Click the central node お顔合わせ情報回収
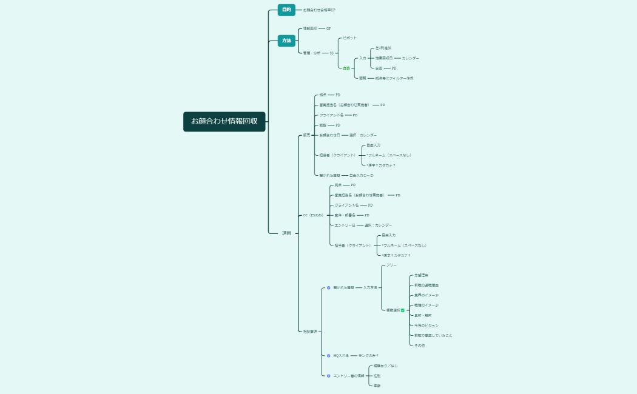[224, 121]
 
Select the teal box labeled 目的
[286, 10]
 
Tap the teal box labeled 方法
[286, 41]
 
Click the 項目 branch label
[286, 233]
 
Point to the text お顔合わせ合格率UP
[319, 10]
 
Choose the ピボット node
[350, 38]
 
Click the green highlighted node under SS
[346, 68]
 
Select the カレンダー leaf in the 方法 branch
[410, 58]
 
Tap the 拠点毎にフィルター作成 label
[394, 78]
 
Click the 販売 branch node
[306, 135]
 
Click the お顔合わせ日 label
[329, 135]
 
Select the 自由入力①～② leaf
[361, 175]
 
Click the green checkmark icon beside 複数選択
[403, 310]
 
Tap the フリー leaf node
[391, 265]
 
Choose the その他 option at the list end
[419, 346]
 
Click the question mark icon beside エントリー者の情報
[328, 376]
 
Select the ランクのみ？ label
[368, 356]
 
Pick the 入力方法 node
[370, 288]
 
